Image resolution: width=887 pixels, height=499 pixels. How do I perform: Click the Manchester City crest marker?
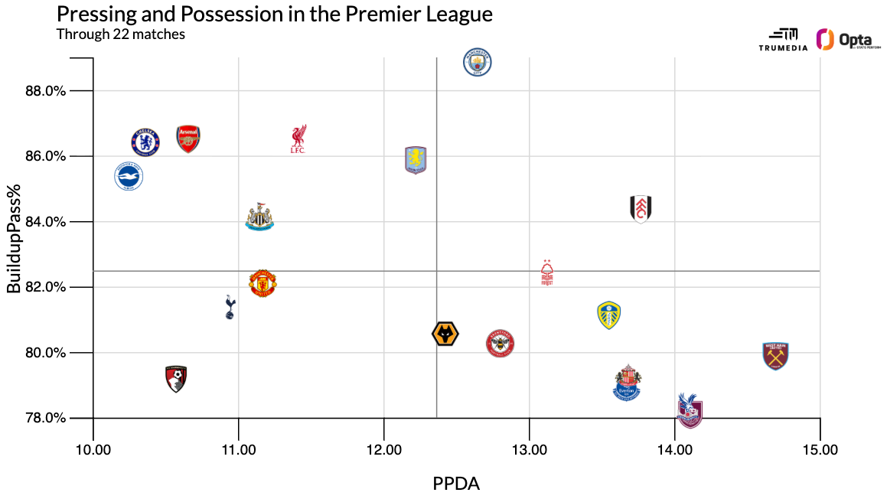click(x=478, y=63)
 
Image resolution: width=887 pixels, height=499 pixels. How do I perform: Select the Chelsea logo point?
click(x=145, y=142)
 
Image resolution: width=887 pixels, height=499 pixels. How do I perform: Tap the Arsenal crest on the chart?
click(x=188, y=139)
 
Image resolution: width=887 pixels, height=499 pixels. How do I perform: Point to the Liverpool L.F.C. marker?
click(x=298, y=139)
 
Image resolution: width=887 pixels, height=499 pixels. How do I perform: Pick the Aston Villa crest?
click(x=415, y=160)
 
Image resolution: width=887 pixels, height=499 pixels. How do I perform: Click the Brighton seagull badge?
click(x=129, y=177)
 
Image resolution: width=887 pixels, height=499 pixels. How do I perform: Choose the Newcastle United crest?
click(x=259, y=217)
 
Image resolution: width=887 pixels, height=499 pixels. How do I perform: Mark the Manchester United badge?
click(x=263, y=283)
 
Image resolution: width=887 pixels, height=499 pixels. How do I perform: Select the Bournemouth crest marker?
click(x=176, y=379)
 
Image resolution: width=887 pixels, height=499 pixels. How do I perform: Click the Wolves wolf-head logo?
click(x=445, y=334)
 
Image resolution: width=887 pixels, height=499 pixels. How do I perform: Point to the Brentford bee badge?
click(x=501, y=344)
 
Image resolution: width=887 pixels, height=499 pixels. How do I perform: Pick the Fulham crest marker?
click(x=641, y=208)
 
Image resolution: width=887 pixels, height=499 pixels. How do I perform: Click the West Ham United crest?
click(x=775, y=356)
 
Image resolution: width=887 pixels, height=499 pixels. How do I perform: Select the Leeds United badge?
click(x=608, y=315)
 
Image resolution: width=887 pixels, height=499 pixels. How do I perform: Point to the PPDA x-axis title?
click(x=456, y=484)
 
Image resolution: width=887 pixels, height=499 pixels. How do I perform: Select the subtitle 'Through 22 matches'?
click(x=120, y=34)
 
